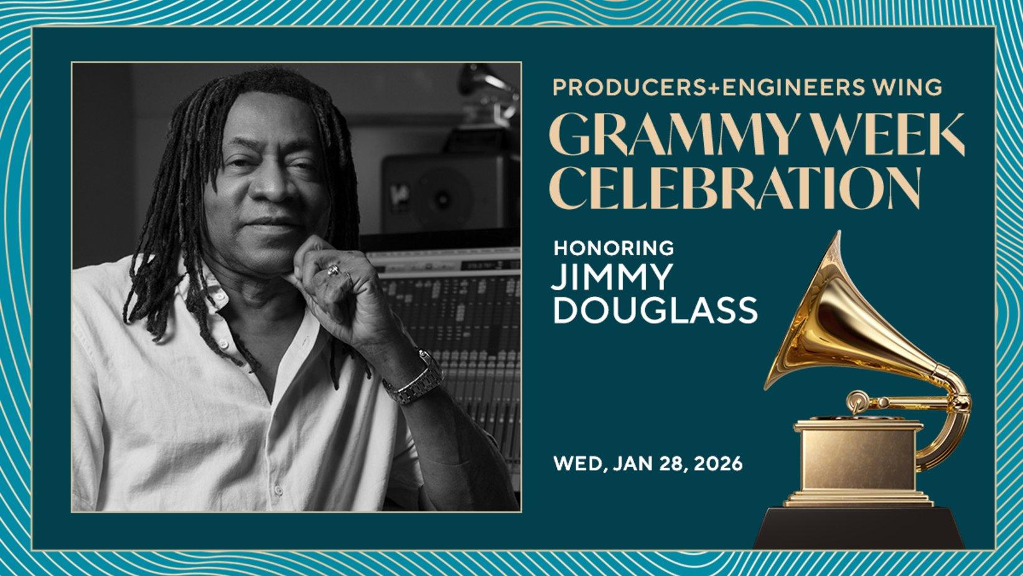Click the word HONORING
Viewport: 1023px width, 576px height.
(x=614, y=248)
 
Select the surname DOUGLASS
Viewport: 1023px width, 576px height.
(x=655, y=310)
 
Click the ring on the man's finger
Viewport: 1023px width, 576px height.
(x=334, y=270)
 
